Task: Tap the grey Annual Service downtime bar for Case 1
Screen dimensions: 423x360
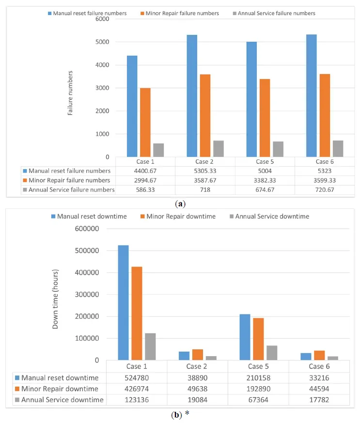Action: (x=150, y=346)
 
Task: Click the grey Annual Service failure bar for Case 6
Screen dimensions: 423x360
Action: (x=338, y=149)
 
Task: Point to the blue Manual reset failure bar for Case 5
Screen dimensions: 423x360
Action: (x=251, y=99)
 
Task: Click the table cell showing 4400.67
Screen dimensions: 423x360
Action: (x=145, y=171)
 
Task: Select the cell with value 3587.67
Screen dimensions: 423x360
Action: (x=205, y=180)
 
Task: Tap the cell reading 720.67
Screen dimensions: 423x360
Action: (x=325, y=190)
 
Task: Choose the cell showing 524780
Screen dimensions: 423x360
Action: (x=137, y=378)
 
